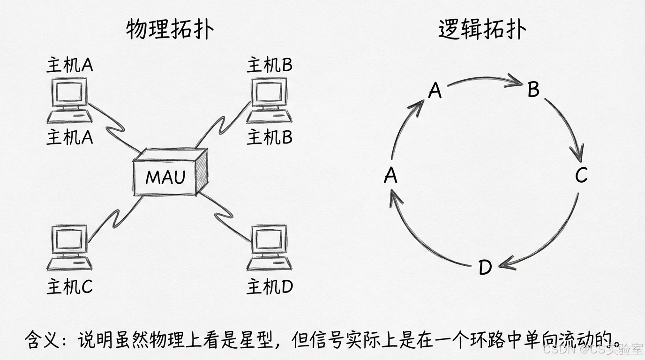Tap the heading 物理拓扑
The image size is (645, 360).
pos(170,30)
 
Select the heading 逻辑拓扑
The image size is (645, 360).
pos(482,30)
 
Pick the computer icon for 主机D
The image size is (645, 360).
pos(269,247)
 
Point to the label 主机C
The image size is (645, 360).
pos(69,286)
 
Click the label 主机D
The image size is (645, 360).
pos(270,286)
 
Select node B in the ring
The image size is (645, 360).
pos(533,90)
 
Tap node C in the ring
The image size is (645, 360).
pos(581,176)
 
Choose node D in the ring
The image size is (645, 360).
pos(485,268)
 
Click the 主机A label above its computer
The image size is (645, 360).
pos(69,65)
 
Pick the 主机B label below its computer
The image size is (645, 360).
pos(270,137)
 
